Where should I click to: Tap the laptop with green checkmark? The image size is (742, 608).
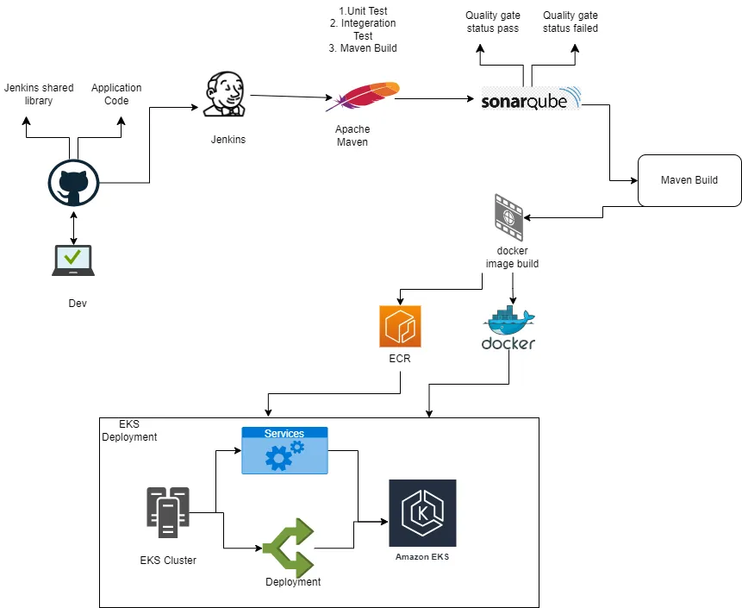point(73,260)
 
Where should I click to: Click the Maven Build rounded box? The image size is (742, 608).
point(689,180)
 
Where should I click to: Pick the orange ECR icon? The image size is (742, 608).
point(400,326)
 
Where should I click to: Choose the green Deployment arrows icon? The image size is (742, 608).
point(289,548)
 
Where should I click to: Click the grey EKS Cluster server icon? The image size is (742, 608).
point(167,513)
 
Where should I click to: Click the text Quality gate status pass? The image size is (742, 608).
point(492,22)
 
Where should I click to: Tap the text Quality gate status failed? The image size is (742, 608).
point(570,22)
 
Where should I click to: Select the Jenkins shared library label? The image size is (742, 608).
point(39,94)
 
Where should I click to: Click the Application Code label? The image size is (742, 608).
point(116,94)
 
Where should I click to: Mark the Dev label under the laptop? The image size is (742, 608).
point(78,304)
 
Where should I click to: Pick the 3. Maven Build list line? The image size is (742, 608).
point(363,48)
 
